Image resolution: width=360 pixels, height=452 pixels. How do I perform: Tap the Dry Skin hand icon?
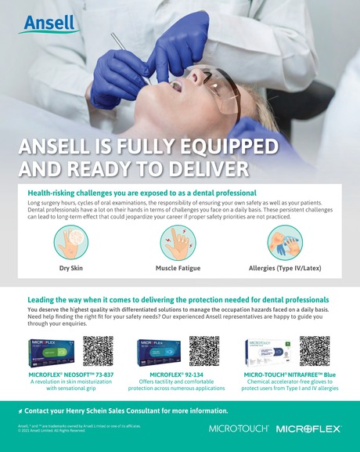point(71,243)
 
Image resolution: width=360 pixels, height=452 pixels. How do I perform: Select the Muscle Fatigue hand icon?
point(178,243)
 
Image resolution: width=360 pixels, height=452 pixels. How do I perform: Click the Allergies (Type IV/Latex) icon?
point(283,243)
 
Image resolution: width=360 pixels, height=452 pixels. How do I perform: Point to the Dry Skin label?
point(71,269)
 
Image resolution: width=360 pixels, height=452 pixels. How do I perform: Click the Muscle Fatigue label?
point(178,269)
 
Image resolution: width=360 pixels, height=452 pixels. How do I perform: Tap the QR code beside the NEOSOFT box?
point(98,352)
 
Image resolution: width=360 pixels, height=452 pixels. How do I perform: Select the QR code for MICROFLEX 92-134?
point(204,352)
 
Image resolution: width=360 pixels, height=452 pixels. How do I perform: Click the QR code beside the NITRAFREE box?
point(313,352)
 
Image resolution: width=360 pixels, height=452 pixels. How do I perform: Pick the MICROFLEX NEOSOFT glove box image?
point(52,354)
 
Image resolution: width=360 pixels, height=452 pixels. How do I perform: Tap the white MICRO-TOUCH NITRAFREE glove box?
point(267,354)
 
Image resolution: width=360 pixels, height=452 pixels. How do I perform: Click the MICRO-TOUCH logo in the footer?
point(239,428)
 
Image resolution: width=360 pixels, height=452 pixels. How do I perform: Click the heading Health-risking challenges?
point(142,192)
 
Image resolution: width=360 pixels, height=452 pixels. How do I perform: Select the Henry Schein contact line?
point(125,410)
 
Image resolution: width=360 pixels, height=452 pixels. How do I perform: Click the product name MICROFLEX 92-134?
point(176,374)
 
